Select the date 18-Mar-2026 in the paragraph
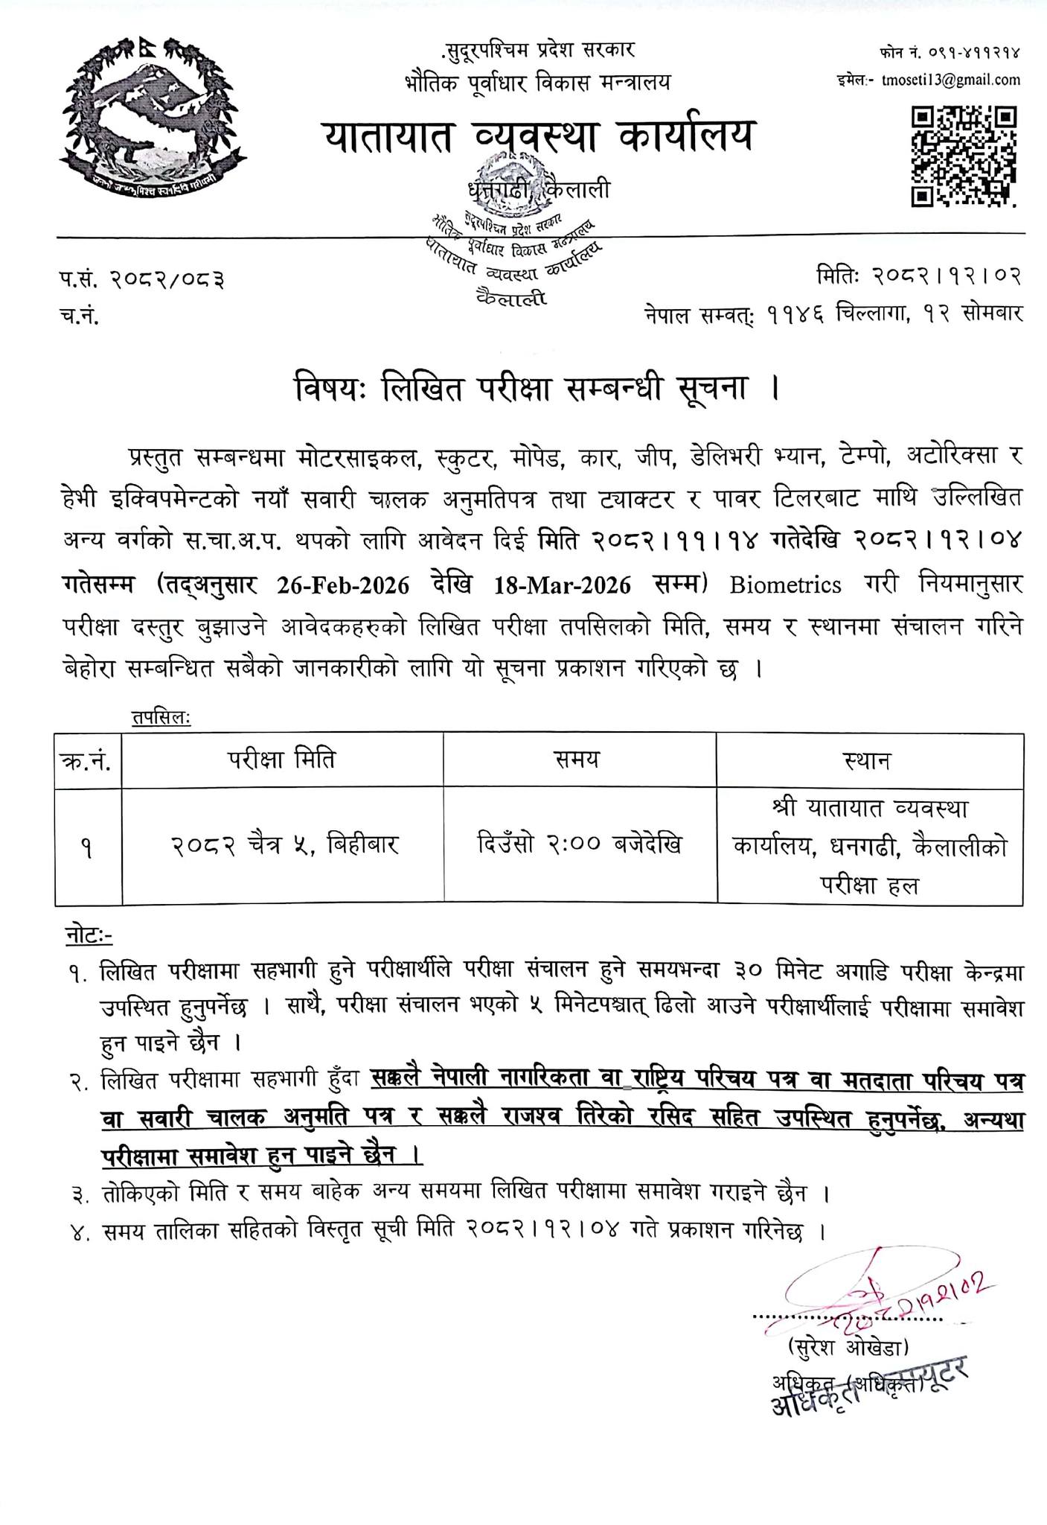tap(563, 585)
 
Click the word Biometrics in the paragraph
tap(785, 585)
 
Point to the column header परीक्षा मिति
tap(281, 760)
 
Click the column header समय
tap(578, 760)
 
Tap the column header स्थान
tap(868, 761)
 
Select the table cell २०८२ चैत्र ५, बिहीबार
tap(281, 845)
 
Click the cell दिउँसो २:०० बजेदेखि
tap(578, 845)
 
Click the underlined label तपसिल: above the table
tap(160, 718)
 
